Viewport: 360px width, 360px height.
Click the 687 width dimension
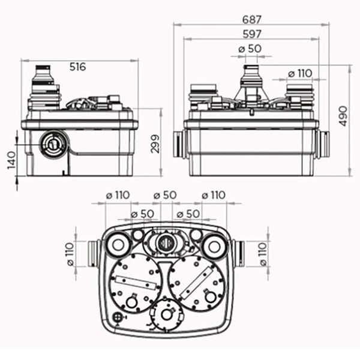tap(252, 20)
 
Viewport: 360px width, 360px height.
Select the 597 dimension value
tap(252, 34)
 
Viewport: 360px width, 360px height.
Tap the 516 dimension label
tap(77, 67)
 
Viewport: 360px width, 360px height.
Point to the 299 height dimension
tap(155, 144)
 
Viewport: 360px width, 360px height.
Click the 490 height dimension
tap(343, 116)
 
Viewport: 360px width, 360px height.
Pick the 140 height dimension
tap(12, 160)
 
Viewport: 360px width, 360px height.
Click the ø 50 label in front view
tap(250, 49)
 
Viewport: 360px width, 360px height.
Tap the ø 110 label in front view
tap(300, 74)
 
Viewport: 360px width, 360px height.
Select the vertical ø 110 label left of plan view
tap(70, 254)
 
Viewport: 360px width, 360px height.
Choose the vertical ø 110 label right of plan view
tap(263, 254)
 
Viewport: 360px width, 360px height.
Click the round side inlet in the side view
tap(53, 145)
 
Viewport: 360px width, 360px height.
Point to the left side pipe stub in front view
tap(180, 144)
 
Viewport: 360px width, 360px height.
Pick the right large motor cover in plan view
tap(197, 283)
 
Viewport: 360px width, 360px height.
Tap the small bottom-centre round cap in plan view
tap(167, 315)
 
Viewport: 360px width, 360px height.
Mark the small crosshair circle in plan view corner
tap(117, 317)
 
